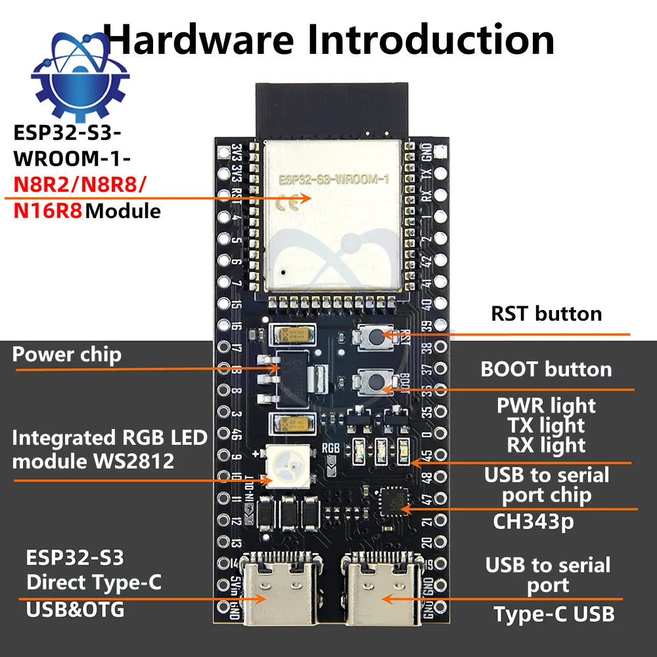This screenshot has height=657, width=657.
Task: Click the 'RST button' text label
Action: [546, 313]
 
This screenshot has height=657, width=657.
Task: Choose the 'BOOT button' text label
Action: [546, 369]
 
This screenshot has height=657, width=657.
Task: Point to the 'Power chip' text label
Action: [67, 355]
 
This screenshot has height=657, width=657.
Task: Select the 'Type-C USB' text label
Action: [554, 614]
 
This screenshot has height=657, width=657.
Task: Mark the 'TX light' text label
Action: [546, 426]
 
